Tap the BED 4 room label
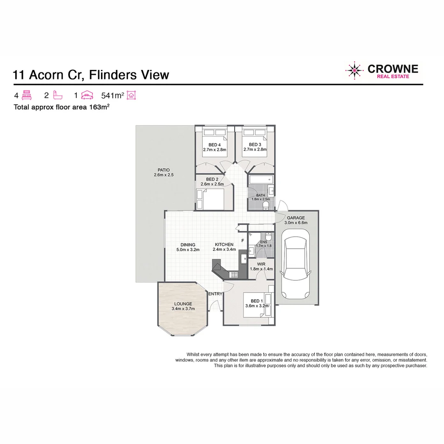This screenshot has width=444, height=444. click(215, 145)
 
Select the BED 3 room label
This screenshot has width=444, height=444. click(255, 145)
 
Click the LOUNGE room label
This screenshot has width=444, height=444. click(183, 304)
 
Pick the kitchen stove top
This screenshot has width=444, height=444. click(235, 273)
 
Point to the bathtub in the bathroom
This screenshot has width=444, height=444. click(260, 180)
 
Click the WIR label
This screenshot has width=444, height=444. click(261, 264)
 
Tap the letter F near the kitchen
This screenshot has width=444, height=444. click(243, 240)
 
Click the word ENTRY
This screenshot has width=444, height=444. click(215, 294)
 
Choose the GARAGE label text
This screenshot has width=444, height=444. click(296, 218)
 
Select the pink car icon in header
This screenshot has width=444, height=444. click(87, 96)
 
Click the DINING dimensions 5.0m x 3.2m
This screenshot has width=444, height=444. click(187, 250)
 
